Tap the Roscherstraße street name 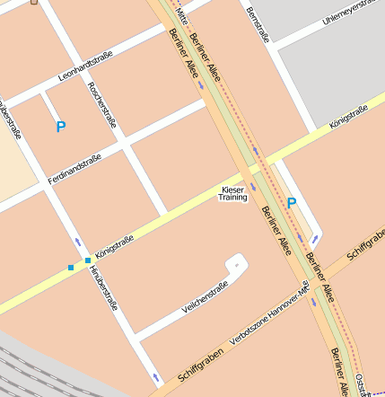click(100, 105)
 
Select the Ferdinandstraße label click(74, 168)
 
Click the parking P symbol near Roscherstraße click(61, 128)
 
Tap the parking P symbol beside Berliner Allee click(291, 204)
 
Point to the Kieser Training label click(232, 193)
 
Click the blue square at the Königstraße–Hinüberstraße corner click(88, 260)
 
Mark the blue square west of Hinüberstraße click(71, 268)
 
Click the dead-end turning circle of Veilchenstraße click(237, 263)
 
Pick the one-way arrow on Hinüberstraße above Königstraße click(78, 243)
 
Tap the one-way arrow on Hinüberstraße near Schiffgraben click(157, 376)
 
